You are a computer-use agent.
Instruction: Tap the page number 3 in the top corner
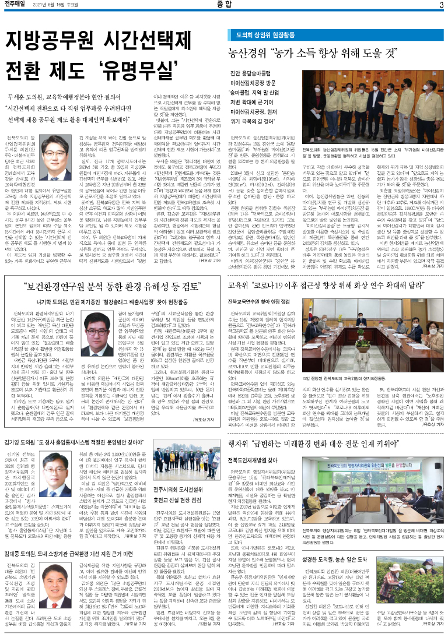[441, 6]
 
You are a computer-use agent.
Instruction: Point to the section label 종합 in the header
[224, 6]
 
